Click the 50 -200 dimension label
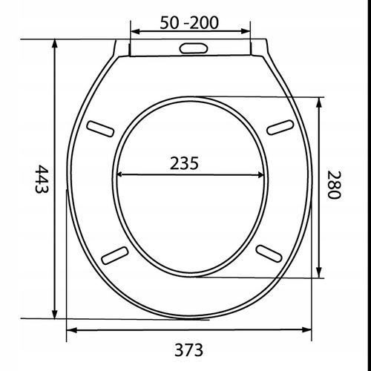coord(189,23)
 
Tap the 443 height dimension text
coord(42,180)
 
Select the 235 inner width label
coord(184,163)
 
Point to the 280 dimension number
coord(335,185)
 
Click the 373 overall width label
coord(188,350)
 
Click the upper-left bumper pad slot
coord(100,128)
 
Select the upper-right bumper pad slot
coord(280,128)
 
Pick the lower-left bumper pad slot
coord(115,255)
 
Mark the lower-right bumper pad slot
coord(269,253)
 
